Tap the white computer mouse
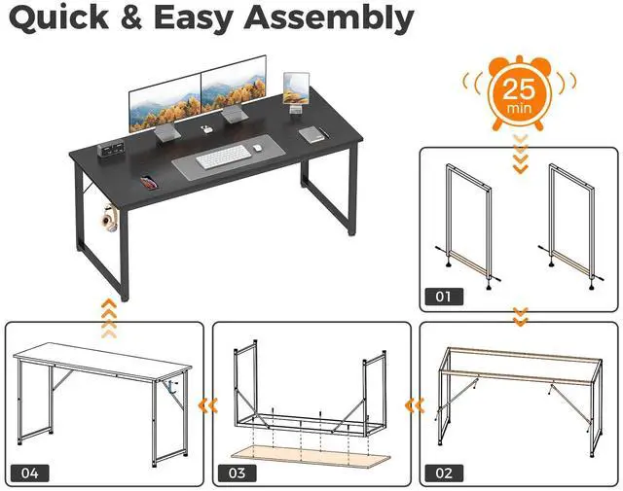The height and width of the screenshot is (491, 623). click(x=257, y=149)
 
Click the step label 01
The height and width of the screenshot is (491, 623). click(x=443, y=296)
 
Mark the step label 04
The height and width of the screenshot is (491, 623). click(x=29, y=473)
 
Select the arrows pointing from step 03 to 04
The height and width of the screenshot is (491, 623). click(x=205, y=402)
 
